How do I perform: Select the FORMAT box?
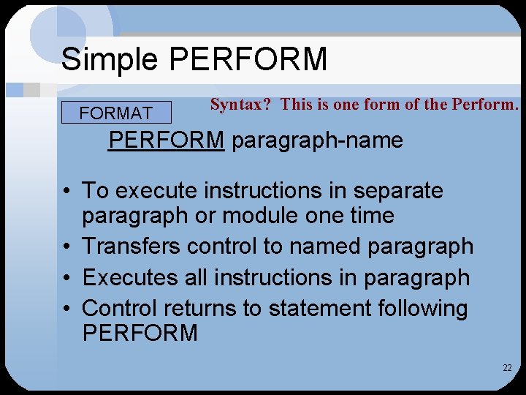(116, 113)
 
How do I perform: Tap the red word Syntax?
(240, 104)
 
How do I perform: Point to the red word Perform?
(484, 104)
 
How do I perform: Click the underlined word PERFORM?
(166, 139)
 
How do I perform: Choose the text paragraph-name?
(317, 140)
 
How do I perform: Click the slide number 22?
(507, 367)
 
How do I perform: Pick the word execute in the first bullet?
(156, 190)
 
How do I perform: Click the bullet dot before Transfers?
(66, 247)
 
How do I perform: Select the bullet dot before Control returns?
(66, 308)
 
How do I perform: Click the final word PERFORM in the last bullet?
(140, 334)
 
